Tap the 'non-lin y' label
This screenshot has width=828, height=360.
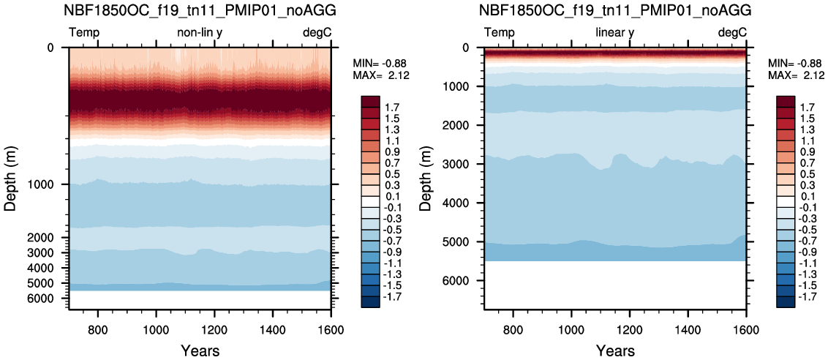pyautogui.click(x=200, y=34)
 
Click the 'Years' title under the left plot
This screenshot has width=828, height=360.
pyautogui.click(x=200, y=350)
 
